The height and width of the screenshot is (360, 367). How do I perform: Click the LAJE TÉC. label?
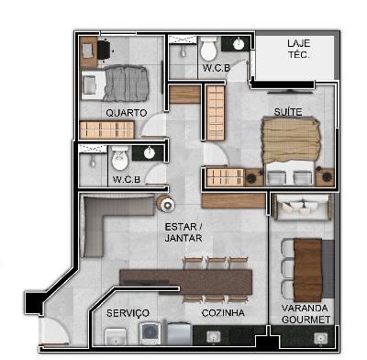[x=299, y=49]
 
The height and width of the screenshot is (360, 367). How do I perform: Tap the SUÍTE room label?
[x=288, y=112]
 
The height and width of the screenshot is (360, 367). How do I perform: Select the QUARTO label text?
[x=127, y=113]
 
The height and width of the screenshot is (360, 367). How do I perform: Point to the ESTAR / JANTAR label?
[x=183, y=232]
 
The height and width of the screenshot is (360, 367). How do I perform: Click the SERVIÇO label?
[x=128, y=313]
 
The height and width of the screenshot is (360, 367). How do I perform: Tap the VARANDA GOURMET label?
[x=306, y=314]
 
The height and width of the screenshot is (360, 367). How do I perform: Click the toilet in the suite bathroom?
[x=209, y=48]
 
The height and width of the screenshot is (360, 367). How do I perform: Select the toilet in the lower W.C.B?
[x=119, y=158]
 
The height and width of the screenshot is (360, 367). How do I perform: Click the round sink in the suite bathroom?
[x=239, y=44]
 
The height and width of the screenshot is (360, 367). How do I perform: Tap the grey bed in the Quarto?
[x=115, y=84]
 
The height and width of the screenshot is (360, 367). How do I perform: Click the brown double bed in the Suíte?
[x=290, y=151]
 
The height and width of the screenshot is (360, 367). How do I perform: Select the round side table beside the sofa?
[x=166, y=203]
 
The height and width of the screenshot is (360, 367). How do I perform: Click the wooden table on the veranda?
[x=307, y=270]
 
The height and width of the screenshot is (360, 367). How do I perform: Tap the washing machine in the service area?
[x=150, y=333]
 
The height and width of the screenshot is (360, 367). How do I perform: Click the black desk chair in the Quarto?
[x=104, y=50]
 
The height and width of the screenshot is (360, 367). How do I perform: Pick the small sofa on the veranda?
[x=302, y=207]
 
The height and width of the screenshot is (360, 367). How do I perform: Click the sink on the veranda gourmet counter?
[x=320, y=338]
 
